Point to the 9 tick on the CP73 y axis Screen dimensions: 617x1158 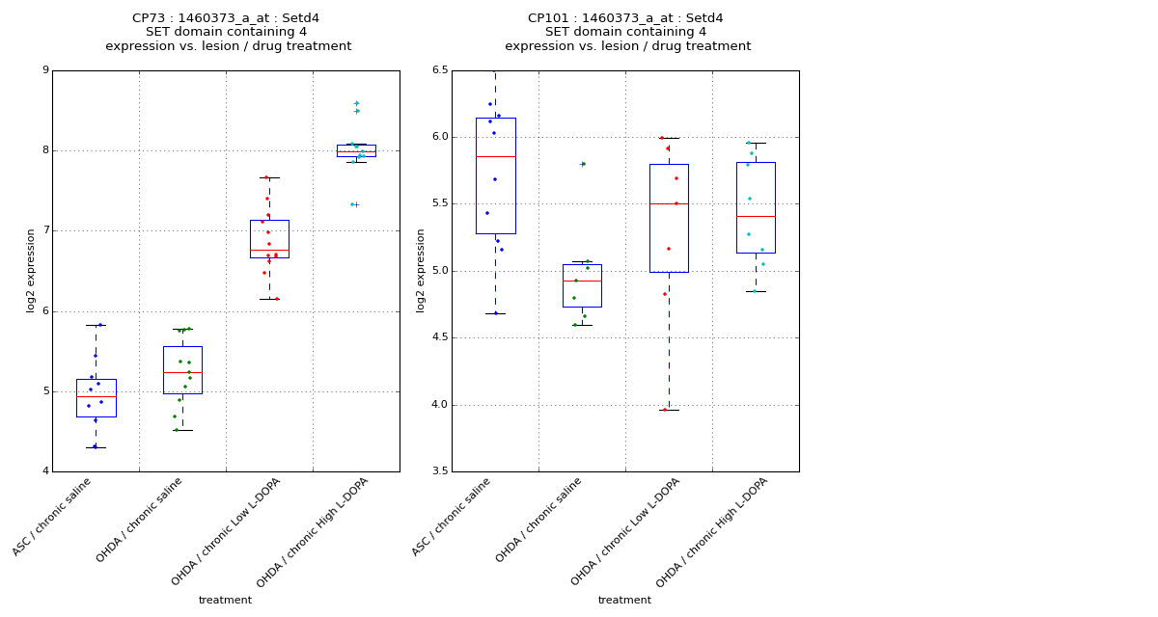click(x=44, y=70)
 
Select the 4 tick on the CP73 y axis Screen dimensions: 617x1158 click(x=44, y=471)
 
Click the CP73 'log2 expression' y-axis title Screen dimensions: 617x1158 click(x=31, y=270)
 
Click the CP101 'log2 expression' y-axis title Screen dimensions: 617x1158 click(x=421, y=270)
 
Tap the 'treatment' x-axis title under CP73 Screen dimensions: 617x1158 click(x=225, y=600)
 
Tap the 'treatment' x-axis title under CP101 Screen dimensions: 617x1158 click(x=624, y=600)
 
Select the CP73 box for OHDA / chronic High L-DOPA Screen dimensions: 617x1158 click(x=356, y=150)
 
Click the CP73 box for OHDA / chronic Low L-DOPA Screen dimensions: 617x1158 click(x=269, y=238)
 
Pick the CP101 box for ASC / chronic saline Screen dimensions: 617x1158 click(x=495, y=175)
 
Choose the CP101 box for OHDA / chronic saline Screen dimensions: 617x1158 click(x=582, y=285)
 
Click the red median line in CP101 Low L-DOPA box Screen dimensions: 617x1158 click(x=669, y=203)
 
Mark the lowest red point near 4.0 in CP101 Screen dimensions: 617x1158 click(x=664, y=410)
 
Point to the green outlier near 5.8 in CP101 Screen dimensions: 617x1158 click(x=583, y=164)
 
